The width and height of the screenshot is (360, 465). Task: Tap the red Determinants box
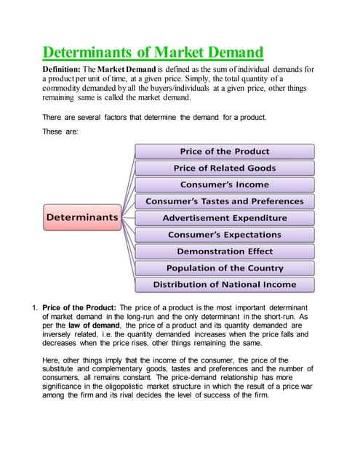coord(81,217)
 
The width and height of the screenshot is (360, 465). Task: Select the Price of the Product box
coord(224,151)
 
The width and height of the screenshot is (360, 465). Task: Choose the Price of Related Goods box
coord(224,168)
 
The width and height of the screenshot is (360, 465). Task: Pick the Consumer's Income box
coord(224,185)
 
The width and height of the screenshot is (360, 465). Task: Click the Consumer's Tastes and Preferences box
coord(224,201)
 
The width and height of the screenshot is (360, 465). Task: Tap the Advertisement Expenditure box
coord(224,218)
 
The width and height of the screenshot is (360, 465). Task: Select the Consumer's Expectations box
coord(224,235)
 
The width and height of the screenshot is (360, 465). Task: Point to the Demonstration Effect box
coord(224,251)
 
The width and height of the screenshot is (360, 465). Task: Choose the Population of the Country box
coord(224,268)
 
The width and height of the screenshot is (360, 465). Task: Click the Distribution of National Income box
coord(224,285)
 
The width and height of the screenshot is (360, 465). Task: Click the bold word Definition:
coord(67,69)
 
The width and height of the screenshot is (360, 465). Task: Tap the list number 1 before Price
coord(33,307)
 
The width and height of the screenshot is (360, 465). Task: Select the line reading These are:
coord(60,132)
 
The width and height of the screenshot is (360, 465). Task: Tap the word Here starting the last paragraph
coord(52,359)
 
